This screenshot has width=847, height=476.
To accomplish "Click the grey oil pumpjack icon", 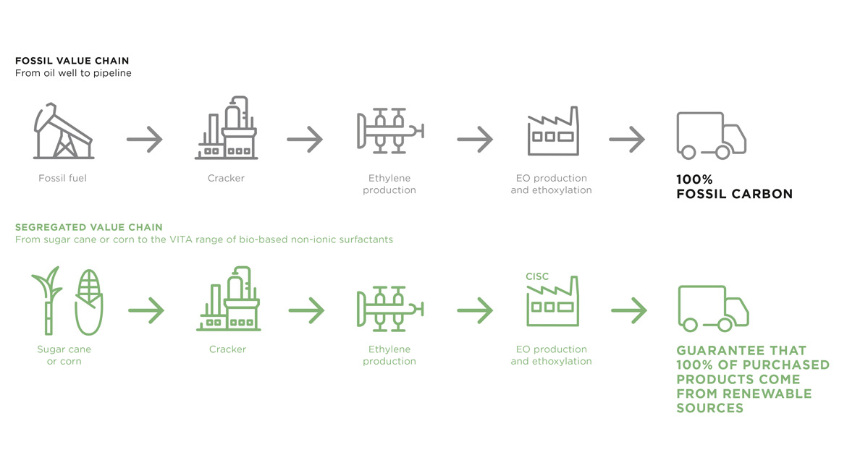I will [63, 132].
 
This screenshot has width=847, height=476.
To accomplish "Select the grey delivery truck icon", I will [711, 136].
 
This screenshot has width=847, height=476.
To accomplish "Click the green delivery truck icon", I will [712, 308].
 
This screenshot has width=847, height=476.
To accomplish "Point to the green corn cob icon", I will [89, 302].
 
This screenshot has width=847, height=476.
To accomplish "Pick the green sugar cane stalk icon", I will [46, 300].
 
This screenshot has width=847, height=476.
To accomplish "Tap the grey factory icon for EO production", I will [554, 132].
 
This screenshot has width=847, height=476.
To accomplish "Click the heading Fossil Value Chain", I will [72, 61].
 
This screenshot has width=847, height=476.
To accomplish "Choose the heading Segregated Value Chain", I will [89, 227].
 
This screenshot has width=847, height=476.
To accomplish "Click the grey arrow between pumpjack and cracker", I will [145, 139].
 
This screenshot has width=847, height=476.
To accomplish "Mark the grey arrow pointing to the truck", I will [627, 139].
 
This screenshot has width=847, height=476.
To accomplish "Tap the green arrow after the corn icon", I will [146, 311].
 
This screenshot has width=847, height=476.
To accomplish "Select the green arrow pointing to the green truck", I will [628, 311].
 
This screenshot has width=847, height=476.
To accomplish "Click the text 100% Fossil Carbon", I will [734, 187].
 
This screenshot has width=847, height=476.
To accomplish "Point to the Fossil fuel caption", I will [62, 178].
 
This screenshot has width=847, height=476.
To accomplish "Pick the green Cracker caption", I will [227, 349].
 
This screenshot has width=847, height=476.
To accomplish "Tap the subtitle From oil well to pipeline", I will [73, 73].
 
